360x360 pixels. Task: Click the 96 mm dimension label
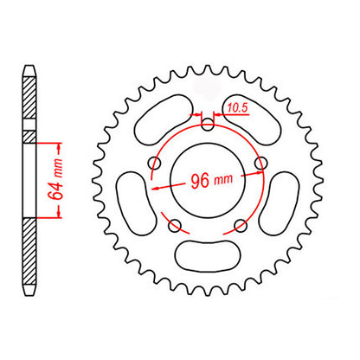coord(208,183)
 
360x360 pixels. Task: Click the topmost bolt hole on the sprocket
coord(208,123)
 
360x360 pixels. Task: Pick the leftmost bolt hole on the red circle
coord(156,162)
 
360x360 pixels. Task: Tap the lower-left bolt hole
coord(176,226)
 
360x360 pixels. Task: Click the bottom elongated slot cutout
coord(208,255)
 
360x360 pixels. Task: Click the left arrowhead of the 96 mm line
coord(155,185)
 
